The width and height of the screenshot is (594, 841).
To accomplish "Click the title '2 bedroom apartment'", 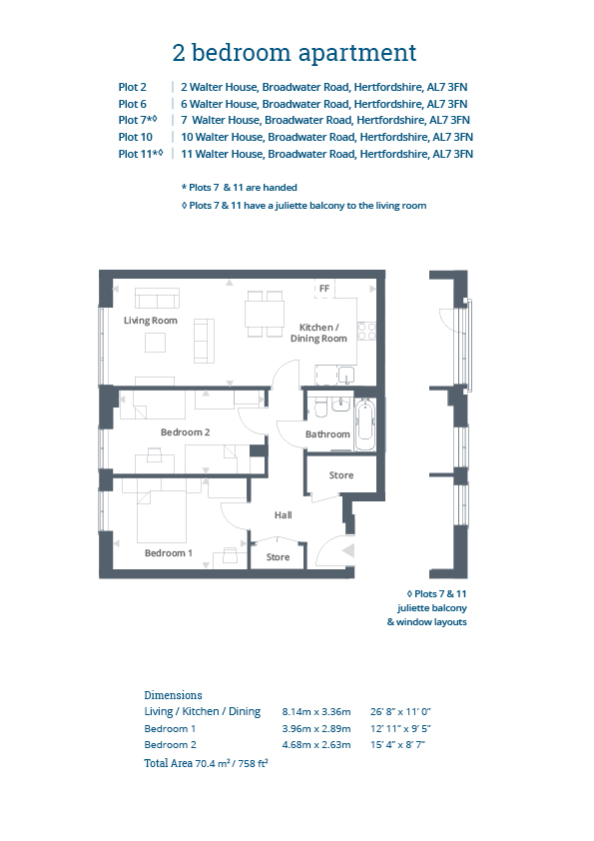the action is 295,53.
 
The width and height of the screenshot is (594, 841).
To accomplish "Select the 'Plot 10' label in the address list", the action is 135,137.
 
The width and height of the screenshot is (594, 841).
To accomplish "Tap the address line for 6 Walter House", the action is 323,104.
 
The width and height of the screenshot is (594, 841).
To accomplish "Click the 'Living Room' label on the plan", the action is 150,321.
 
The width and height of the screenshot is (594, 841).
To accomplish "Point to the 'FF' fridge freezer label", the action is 324,289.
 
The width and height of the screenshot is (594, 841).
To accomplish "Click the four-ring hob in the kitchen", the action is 366,331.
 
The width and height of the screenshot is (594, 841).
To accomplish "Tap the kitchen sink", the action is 346,375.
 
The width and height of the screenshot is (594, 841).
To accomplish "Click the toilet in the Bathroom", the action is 321,408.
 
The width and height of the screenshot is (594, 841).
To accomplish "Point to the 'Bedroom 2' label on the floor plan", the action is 185,432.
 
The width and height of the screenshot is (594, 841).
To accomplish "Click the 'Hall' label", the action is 284,515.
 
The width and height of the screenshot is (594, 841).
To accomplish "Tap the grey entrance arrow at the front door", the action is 348,550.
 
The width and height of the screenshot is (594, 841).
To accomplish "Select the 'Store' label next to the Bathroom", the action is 341,475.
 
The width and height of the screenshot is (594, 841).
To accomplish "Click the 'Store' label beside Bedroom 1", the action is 278,557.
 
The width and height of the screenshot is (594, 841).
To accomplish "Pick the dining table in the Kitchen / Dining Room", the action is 265,314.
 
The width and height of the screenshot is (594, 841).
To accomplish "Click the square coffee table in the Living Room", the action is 155,343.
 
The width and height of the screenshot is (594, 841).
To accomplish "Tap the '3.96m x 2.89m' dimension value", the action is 316,729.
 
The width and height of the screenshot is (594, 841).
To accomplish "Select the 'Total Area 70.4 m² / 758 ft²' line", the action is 206,763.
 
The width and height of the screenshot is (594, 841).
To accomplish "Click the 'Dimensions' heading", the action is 173,695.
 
